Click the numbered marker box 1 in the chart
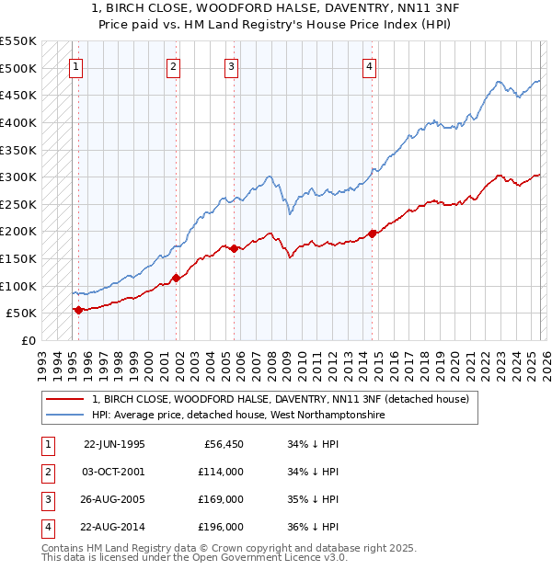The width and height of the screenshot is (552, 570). [75, 65]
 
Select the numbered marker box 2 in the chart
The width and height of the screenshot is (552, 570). [173, 65]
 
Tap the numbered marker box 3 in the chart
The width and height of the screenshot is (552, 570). [231, 65]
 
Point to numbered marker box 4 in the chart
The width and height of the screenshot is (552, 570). [369, 65]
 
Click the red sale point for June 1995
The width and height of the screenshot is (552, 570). [78, 310]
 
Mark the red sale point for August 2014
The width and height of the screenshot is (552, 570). [373, 234]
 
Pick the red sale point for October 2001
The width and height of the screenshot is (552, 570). [176, 278]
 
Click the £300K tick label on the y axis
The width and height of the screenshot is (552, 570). [18, 177]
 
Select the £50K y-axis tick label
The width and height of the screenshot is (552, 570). [22, 313]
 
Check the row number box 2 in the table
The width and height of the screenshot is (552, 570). [47, 472]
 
